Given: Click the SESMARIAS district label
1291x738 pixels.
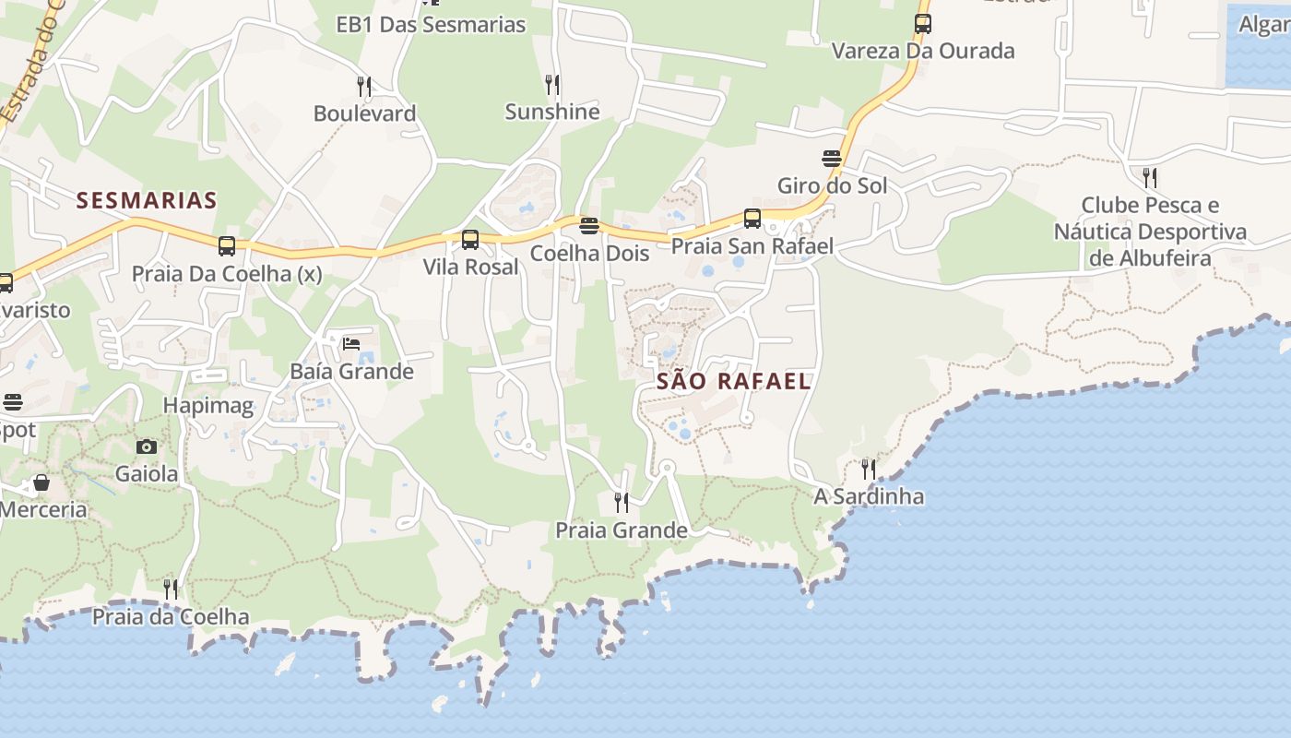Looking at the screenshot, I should (x=147, y=200).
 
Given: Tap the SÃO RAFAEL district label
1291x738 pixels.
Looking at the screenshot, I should (x=734, y=381).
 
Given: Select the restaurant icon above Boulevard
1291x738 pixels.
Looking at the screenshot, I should (x=364, y=87).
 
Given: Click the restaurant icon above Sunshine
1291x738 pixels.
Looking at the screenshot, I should (x=552, y=85).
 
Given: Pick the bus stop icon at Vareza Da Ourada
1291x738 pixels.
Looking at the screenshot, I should (x=923, y=24).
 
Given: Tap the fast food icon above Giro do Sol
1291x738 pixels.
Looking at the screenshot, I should (x=832, y=159).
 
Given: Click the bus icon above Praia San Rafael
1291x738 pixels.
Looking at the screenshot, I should (x=752, y=219).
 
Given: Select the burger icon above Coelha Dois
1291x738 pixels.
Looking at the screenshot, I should (x=589, y=226).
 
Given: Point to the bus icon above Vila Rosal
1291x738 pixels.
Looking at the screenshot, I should (x=470, y=240).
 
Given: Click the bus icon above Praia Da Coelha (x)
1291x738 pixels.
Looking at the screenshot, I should (x=227, y=246).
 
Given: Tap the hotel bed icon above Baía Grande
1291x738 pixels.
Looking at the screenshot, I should (x=351, y=344).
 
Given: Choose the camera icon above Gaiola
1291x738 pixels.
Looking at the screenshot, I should (x=146, y=447).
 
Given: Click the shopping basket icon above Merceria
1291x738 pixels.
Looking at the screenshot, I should (x=41, y=482).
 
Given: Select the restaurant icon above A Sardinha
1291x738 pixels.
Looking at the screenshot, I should (x=869, y=470).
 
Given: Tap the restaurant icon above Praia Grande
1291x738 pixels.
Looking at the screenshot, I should (x=622, y=503).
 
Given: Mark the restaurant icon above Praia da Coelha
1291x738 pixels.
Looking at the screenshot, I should (x=171, y=589).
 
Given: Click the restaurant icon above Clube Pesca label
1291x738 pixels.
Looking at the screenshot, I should (x=1150, y=177).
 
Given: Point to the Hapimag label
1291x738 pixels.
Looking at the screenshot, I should (x=207, y=406).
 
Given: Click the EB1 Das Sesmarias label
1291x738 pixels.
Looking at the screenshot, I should (x=431, y=25).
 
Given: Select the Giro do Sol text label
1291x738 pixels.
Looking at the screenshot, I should (x=832, y=186).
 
